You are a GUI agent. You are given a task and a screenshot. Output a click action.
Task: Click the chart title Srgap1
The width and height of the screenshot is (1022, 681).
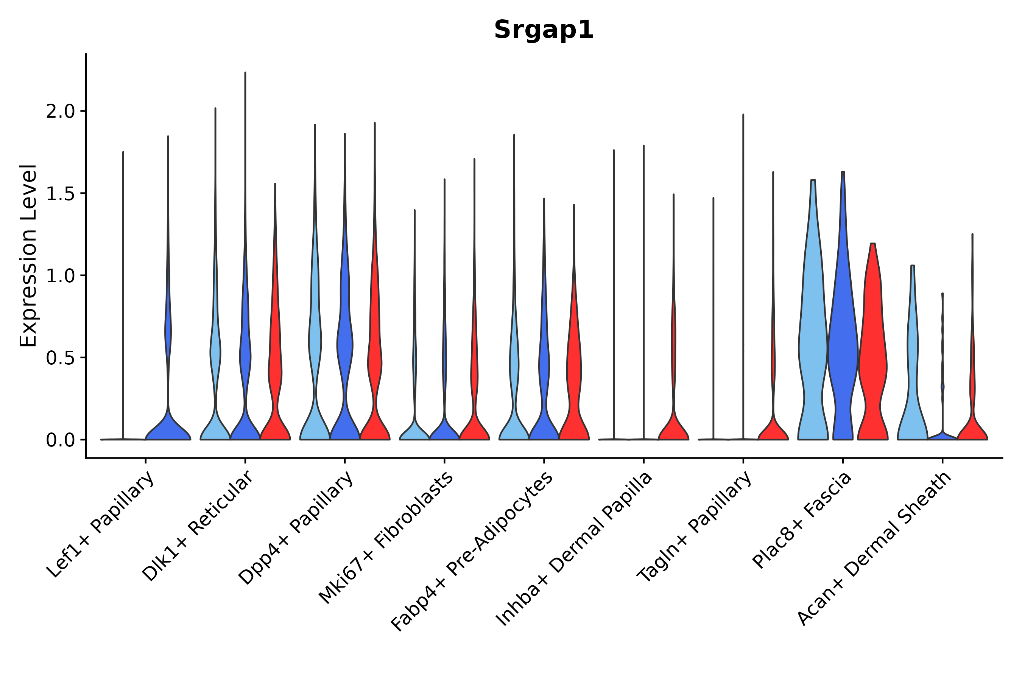(544, 30)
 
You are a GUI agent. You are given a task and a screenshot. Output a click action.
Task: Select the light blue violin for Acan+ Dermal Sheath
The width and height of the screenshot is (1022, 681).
(913, 369)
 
